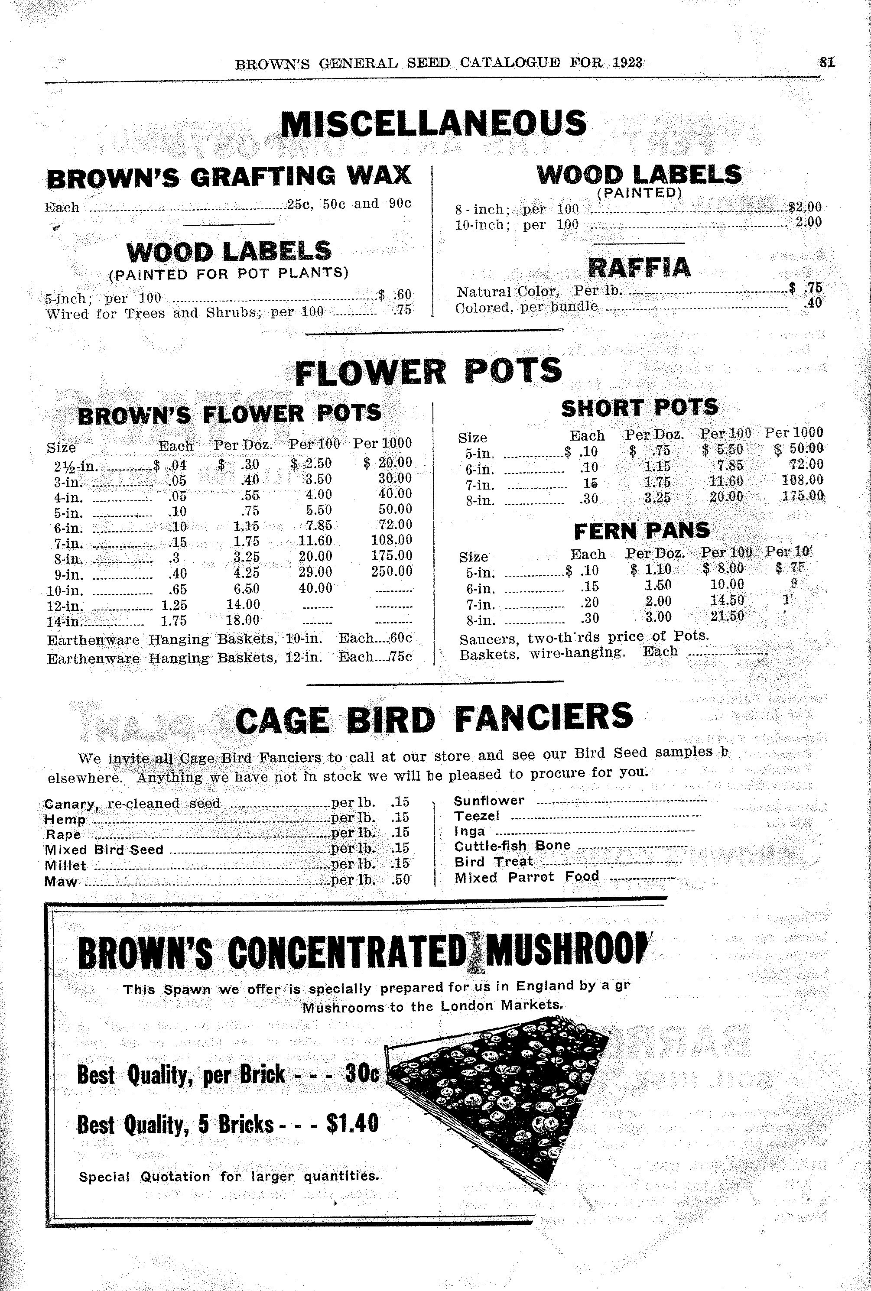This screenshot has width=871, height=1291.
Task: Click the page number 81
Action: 826,62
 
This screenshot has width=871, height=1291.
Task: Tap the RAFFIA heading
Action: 639,267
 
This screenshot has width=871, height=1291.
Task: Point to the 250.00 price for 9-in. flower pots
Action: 392,571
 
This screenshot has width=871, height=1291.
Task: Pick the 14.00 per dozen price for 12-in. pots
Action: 243,604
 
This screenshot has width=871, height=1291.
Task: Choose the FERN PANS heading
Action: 642,531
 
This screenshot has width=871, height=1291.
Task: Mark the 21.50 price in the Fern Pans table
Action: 727,616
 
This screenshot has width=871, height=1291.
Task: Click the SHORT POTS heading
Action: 640,408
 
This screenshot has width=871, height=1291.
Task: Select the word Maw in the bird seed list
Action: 61,881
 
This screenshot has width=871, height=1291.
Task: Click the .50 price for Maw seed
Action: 400,879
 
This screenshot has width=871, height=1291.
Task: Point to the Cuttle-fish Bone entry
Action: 512,846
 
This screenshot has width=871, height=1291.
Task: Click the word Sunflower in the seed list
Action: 489,800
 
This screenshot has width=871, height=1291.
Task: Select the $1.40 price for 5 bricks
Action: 353,1123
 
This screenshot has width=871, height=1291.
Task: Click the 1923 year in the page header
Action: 628,62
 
